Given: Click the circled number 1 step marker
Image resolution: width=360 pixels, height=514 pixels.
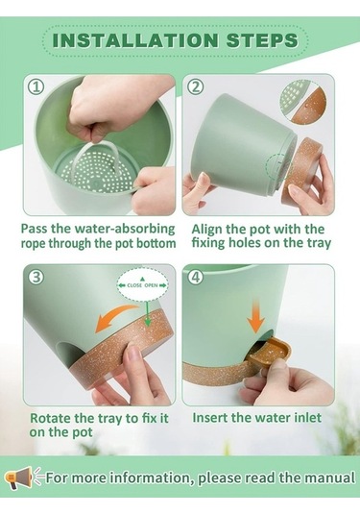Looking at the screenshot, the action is [x=36, y=87].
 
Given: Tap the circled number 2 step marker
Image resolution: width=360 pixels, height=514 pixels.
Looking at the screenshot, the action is [x=196, y=86].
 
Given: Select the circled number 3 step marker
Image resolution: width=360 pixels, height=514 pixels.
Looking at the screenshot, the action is [x=36, y=278].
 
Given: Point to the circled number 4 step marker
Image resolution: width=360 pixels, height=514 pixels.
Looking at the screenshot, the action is [x=196, y=278].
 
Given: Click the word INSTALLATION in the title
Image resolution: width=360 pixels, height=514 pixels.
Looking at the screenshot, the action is [x=135, y=40].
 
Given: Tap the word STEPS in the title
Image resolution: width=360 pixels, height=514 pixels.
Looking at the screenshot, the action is [x=262, y=40].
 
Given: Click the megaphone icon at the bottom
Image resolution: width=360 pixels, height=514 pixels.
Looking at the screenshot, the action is [x=19, y=477].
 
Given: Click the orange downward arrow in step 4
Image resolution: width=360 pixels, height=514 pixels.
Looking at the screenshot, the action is [x=255, y=315].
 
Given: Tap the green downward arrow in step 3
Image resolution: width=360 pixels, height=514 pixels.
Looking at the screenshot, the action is [x=148, y=314].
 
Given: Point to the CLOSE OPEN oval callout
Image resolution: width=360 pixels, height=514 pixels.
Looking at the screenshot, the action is [x=142, y=284].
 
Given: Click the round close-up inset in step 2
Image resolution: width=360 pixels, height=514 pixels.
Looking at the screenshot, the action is [x=302, y=102].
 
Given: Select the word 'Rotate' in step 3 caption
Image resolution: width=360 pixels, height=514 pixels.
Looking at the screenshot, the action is [x=51, y=418].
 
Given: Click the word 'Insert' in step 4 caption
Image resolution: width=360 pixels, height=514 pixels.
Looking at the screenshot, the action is [x=210, y=418].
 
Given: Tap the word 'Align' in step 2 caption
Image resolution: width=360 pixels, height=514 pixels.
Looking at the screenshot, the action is [x=206, y=230].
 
